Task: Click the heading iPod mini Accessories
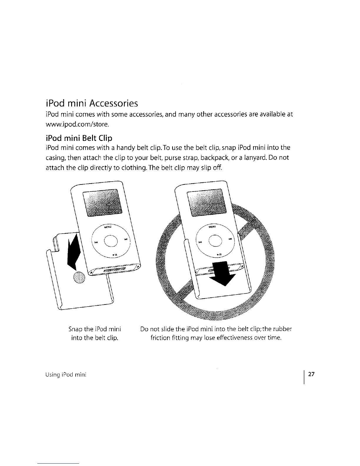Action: pyautogui.click(x=92, y=103)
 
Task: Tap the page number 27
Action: pyautogui.click(x=311, y=375)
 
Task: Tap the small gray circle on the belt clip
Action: pyautogui.click(x=79, y=277)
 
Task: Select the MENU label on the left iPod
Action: pyautogui.click(x=108, y=227)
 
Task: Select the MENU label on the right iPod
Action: pyautogui.click(x=212, y=227)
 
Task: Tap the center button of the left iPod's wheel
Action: pyautogui.click(x=111, y=242)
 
